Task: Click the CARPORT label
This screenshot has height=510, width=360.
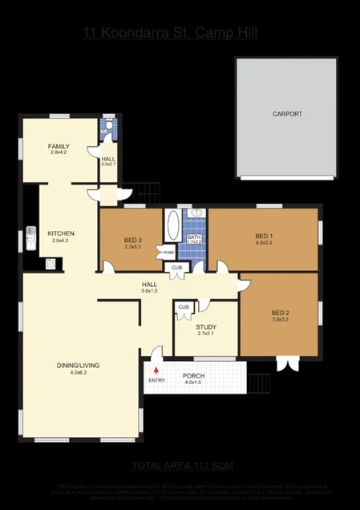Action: click(x=287, y=114)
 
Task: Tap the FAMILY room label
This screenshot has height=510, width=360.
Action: click(x=59, y=147)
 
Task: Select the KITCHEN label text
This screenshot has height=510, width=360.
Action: click(x=61, y=233)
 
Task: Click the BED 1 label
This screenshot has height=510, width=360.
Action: click(x=264, y=236)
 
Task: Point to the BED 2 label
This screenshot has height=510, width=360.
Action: click(x=280, y=313)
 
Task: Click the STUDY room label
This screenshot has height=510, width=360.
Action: click(x=206, y=326)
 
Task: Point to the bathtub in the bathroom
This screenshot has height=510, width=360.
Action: click(x=173, y=232)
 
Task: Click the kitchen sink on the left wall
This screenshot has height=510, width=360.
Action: click(x=30, y=237)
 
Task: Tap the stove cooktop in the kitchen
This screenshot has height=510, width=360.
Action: click(x=49, y=262)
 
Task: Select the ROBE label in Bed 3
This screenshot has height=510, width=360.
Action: click(x=169, y=253)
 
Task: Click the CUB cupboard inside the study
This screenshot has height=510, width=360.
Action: click(x=184, y=307)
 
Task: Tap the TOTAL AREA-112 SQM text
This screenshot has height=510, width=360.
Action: click(x=183, y=466)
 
